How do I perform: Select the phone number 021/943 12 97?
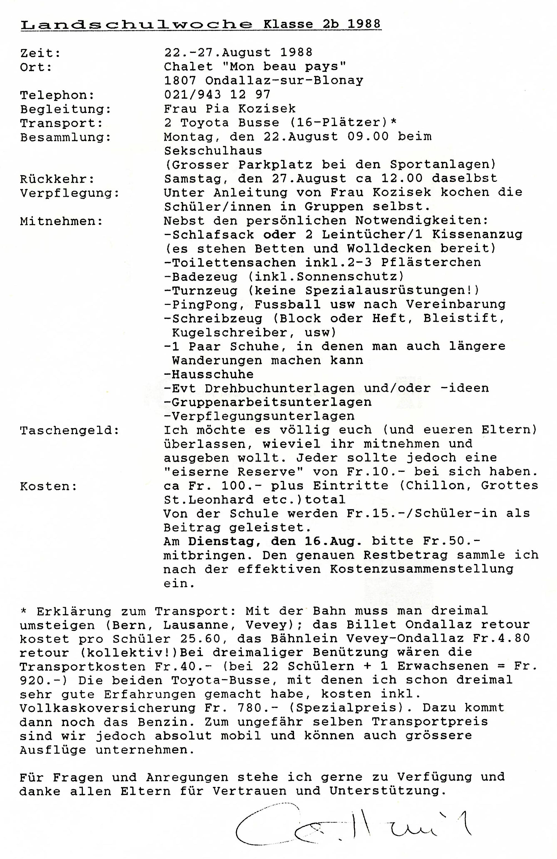217,95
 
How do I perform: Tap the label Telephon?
57,95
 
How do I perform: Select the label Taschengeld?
69,430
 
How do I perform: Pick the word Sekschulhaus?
213,151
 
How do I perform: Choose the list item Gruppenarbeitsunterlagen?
271,402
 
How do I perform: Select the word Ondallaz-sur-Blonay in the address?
284,80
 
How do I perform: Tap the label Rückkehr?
57,179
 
